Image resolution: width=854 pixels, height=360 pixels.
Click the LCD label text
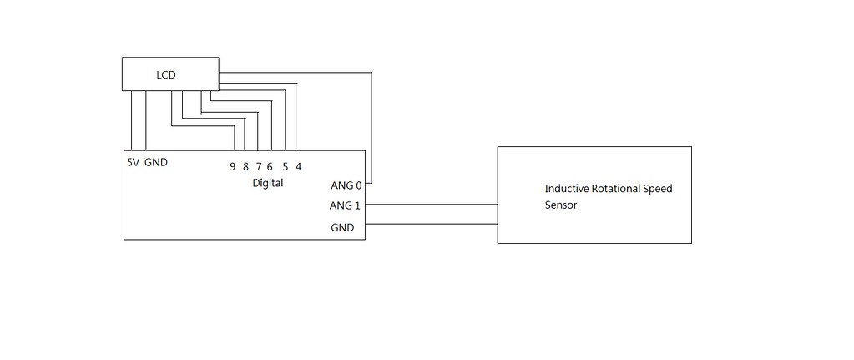pos(166,76)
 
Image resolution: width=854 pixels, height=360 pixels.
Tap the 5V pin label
pos(133,162)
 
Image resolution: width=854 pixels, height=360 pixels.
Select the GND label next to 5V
pos(156,162)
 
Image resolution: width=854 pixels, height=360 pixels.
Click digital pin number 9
pos(233,166)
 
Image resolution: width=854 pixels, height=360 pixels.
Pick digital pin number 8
pos(245,166)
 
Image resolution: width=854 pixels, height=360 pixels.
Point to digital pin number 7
pos(259,166)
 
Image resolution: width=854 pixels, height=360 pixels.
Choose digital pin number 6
pos(270,166)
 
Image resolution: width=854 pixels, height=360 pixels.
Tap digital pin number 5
pos(286,166)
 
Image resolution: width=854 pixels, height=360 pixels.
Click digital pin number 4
pos(298,166)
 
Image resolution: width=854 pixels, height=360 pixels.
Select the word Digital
pos(267,183)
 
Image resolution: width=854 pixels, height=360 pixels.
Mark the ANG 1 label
pos(346,205)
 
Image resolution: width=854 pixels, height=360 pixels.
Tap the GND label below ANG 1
pos(342,227)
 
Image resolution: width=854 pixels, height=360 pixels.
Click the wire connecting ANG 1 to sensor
pos(431,204)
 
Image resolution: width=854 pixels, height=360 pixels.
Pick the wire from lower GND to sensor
pos(431,224)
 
